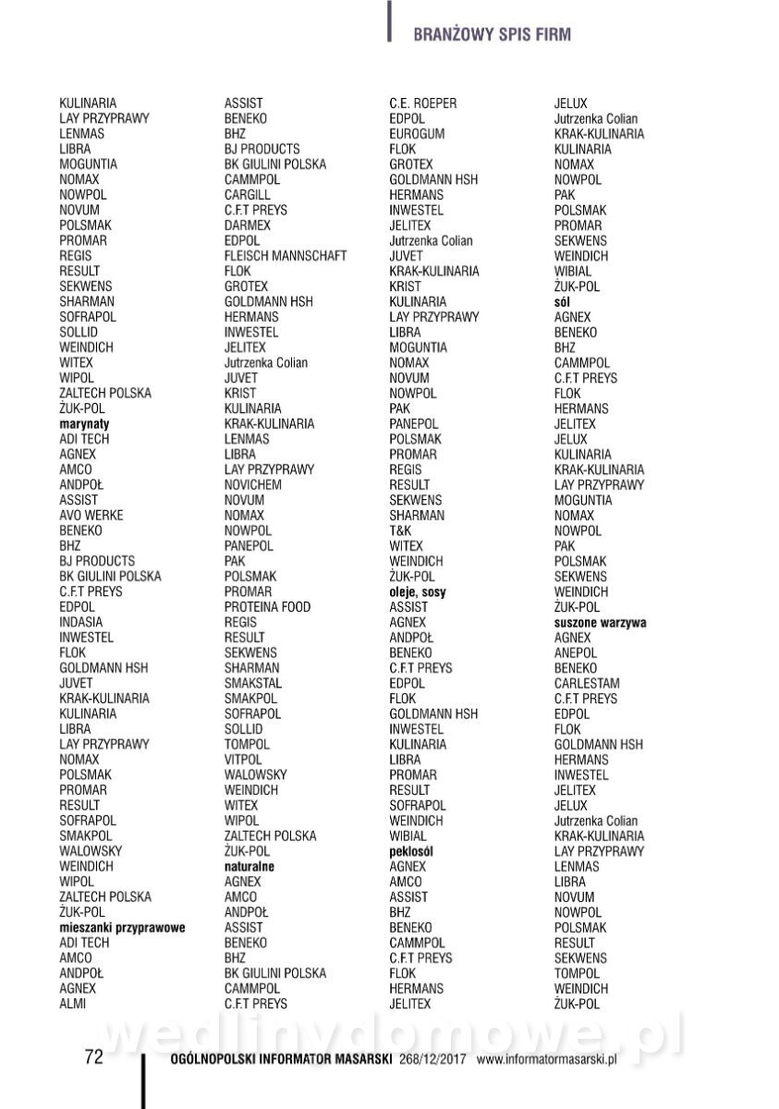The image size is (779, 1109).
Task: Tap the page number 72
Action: [x=93, y=1058]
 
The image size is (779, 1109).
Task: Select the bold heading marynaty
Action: [x=84, y=423]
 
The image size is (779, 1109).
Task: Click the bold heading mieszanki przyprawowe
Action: [x=122, y=927]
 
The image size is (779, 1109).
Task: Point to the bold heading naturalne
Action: [x=250, y=866]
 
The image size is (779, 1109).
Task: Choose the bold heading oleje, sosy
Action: [x=418, y=591]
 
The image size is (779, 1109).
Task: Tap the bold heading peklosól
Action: [x=412, y=850]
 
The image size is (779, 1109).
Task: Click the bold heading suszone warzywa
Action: [x=600, y=622]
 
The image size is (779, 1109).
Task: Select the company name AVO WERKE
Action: [x=91, y=515]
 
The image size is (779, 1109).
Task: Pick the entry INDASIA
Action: [x=81, y=622]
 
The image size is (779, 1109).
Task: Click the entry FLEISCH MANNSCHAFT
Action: [x=286, y=256]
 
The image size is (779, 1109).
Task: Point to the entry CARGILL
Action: [x=248, y=195]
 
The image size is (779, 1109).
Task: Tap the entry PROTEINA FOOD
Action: [x=267, y=606]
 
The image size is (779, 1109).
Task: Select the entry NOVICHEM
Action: [x=253, y=484]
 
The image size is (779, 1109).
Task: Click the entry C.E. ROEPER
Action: [x=423, y=104]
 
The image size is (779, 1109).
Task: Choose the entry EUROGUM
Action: [x=417, y=134]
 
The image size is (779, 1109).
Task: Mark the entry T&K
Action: [x=400, y=530]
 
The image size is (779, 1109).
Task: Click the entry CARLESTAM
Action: [x=588, y=683]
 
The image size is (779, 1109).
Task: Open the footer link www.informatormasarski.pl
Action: [x=546, y=1059]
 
